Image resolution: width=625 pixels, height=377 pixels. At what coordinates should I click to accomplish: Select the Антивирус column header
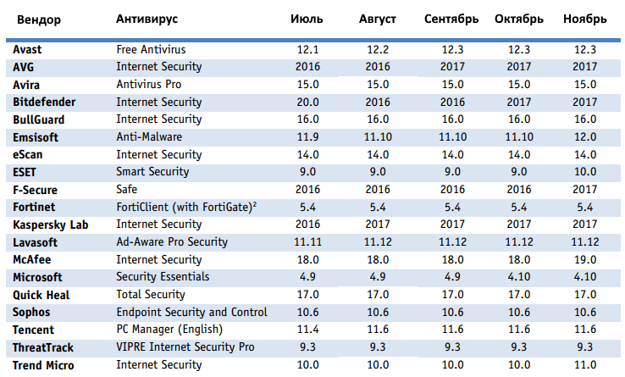(x=147, y=19)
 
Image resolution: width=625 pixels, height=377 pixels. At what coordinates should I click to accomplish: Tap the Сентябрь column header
(x=451, y=19)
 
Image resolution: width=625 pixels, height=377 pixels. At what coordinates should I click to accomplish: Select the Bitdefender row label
(x=45, y=102)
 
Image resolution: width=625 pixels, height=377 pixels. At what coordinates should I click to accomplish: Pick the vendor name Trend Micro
(x=43, y=365)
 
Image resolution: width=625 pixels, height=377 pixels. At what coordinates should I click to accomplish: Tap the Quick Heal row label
(x=41, y=295)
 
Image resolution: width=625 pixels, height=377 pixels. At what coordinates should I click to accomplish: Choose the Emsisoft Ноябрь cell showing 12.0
(x=584, y=136)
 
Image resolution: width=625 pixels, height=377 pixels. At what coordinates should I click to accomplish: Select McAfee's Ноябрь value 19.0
(x=584, y=259)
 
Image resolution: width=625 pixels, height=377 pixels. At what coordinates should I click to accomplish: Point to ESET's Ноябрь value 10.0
(x=584, y=172)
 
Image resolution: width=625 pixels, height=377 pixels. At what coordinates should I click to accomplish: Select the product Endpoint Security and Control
(x=192, y=313)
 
